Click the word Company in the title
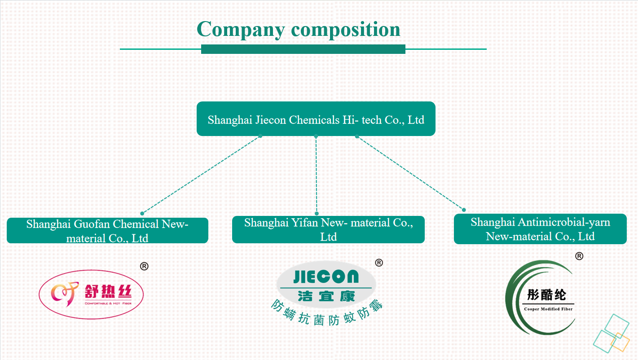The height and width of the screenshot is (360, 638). click(x=241, y=30)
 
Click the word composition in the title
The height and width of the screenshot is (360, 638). click(x=346, y=30)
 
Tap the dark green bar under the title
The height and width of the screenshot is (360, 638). click(x=303, y=49)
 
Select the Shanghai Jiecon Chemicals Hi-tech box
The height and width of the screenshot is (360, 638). click(x=316, y=119)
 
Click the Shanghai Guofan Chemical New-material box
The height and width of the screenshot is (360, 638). click(x=107, y=231)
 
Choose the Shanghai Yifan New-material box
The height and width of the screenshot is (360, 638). click(x=328, y=230)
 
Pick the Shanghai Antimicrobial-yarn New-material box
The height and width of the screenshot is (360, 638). click(x=540, y=229)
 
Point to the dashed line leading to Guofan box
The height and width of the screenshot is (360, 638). click(x=201, y=175)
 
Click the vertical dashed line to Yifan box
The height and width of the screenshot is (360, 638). click(x=316, y=175)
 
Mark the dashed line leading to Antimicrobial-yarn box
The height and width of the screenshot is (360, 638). click(x=410, y=173)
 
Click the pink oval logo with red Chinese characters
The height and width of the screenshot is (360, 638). click(x=92, y=294)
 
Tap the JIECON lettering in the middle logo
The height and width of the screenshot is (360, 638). click(x=326, y=277)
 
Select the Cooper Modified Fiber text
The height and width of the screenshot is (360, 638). click(x=548, y=309)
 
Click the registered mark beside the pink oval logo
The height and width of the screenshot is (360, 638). click(x=144, y=266)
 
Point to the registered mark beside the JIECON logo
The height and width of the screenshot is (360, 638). click(x=379, y=263)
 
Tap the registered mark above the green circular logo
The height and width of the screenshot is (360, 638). click(x=579, y=256)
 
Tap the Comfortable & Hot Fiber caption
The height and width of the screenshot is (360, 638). click(x=108, y=304)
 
